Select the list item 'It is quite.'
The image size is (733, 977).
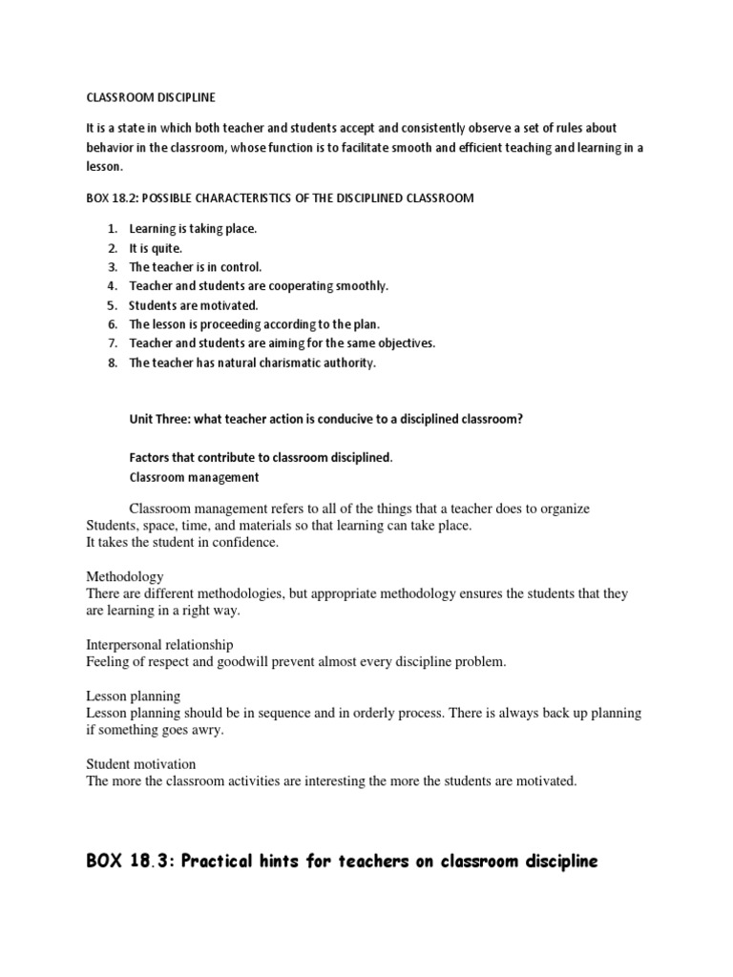[156, 248]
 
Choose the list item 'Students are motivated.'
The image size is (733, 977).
[194, 305]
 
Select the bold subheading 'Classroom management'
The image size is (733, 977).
[194, 477]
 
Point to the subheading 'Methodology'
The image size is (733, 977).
[124, 577]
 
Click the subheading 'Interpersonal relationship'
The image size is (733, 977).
[159, 645]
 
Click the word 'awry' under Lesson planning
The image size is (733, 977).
[208, 730]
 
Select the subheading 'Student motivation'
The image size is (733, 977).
[141, 764]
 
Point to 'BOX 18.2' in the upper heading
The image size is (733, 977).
[111, 197]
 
